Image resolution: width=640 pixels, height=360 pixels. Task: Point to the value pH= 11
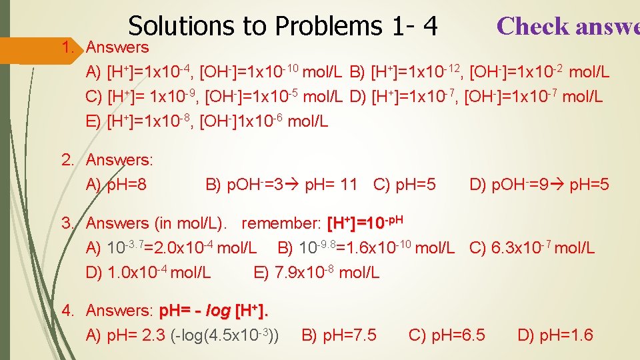tap(331, 184)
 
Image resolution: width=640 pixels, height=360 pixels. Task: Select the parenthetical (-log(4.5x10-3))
tap(225, 335)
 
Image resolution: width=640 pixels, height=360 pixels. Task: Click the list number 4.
tap(67, 311)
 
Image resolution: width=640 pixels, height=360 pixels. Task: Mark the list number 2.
tap(67, 161)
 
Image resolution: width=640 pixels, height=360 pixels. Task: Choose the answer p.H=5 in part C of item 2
tap(416, 184)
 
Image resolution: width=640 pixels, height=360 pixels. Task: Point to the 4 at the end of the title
tap(429, 26)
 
